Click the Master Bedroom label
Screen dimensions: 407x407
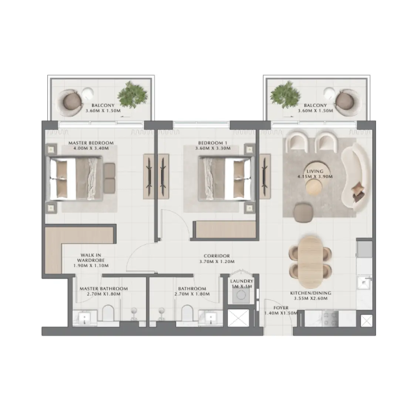pos(91,143)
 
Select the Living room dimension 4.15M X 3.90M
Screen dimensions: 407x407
pos(315,177)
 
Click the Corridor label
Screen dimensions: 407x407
pos(217,256)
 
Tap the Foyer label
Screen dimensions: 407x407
pos(281,308)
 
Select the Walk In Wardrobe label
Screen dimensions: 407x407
pos(91,260)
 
